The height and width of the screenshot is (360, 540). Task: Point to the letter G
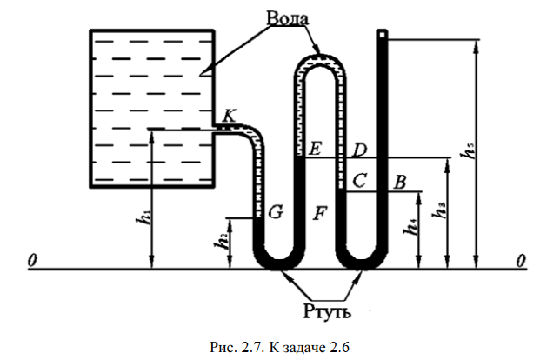tap(275, 212)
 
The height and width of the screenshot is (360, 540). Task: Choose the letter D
tap(359, 150)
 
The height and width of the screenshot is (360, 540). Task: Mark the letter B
tap(400, 182)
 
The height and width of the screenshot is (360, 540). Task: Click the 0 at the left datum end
tap(31, 260)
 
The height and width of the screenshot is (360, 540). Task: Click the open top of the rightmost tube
tap(382, 33)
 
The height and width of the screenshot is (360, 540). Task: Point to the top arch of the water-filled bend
tap(319, 57)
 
